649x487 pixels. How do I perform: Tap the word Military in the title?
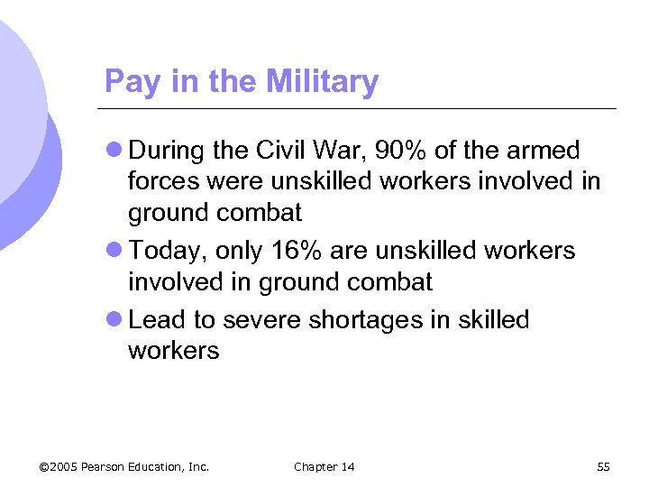(x=322, y=83)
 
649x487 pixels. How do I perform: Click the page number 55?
(x=604, y=466)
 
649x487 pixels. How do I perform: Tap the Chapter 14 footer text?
(x=324, y=466)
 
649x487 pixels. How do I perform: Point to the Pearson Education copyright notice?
(x=124, y=466)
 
